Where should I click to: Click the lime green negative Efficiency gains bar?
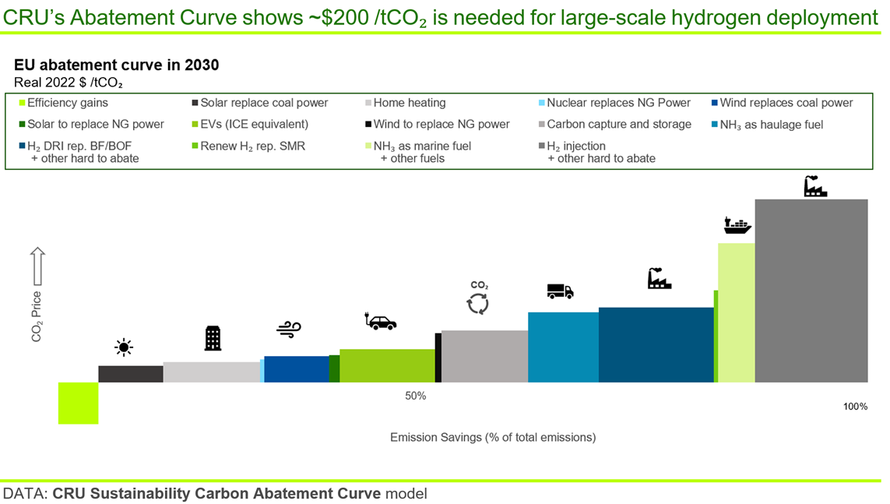[x=78, y=403]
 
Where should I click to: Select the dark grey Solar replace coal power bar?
[x=130, y=374]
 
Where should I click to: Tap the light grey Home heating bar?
[x=211, y=372]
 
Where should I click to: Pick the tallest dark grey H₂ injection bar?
[x=811, y=290]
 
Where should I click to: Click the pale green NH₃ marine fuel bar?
[x=736, y=312]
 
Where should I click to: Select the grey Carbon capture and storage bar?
[x=484, y=356]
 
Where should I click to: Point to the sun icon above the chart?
[x=123, y=347]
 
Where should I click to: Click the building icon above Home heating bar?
[x=212, y=338]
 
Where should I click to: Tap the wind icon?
[x=288, y=330]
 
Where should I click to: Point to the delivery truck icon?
[x=560, y=291]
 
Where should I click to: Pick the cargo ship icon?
[x=737, y=225]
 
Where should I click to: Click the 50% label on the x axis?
[x=415, y=396]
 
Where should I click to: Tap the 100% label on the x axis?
[x=855, y=407]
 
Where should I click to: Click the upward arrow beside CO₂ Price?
[x=37, y=267]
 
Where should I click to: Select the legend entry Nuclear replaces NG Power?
[x=618, y=103]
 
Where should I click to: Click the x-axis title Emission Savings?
[x=492, y=437]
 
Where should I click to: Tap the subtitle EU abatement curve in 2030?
[x=116, y=65]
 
